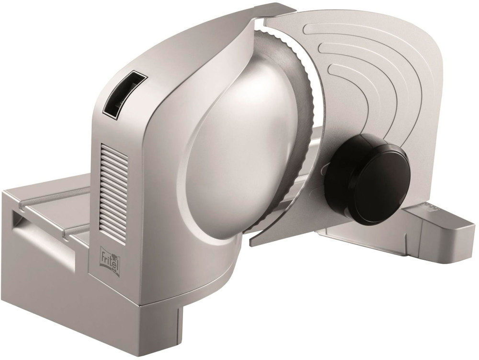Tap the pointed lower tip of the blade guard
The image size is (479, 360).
pyautogui.click(x=251, y=245)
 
